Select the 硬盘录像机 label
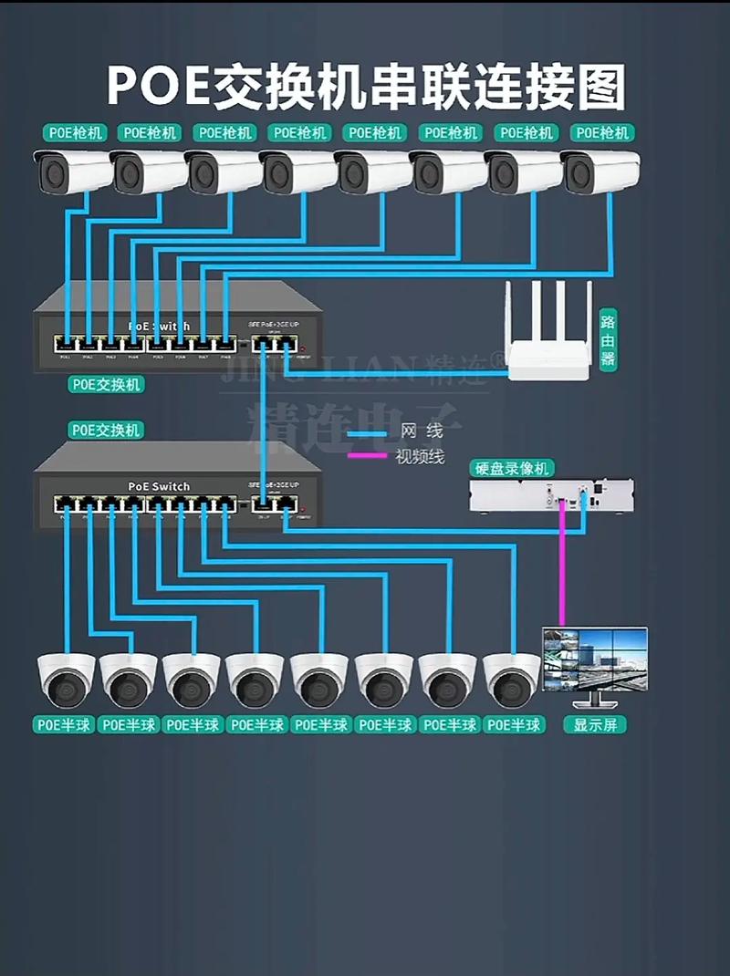512,468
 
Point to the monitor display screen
595,659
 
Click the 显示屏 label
595,725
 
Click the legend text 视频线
420,456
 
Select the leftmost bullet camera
71,171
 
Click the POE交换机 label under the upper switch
106,385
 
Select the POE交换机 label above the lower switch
106,429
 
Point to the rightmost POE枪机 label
602,133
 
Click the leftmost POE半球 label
66,725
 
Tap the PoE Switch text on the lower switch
159,486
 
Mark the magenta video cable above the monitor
562,575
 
